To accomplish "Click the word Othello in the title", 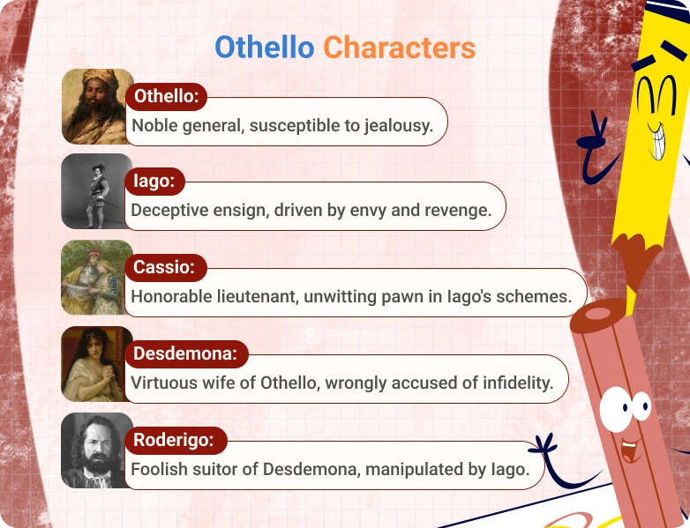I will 264,47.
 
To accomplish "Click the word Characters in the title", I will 399,47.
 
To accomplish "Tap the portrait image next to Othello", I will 96,107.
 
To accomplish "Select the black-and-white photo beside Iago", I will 96,192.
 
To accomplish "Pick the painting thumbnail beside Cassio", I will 96,278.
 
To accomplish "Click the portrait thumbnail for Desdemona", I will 96,363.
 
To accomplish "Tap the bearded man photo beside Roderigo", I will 96,450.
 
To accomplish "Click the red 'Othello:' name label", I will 166,96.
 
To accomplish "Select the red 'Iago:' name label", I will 154,182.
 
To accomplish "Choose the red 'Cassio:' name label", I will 165,267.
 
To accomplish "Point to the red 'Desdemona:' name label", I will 185,353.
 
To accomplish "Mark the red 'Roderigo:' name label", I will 175,439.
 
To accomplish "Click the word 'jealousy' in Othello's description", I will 399,126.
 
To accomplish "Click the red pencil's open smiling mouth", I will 631,451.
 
